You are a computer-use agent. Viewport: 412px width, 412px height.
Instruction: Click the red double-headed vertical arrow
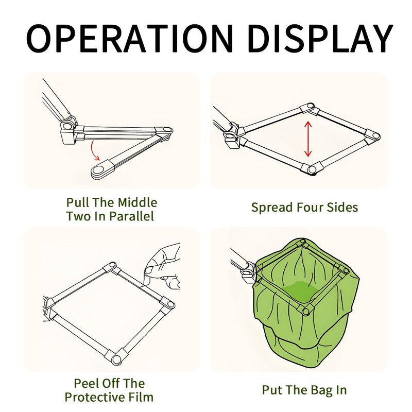pyautogui.click(x=308, y=139)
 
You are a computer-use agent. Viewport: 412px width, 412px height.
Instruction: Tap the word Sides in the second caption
pyautogui.click(x=342, y=208)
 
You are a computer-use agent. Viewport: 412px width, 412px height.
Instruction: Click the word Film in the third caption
pyautogui.click(x=141, y=397)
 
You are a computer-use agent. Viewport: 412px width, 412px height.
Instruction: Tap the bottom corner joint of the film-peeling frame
pyautogui.click(x=115, y=357)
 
